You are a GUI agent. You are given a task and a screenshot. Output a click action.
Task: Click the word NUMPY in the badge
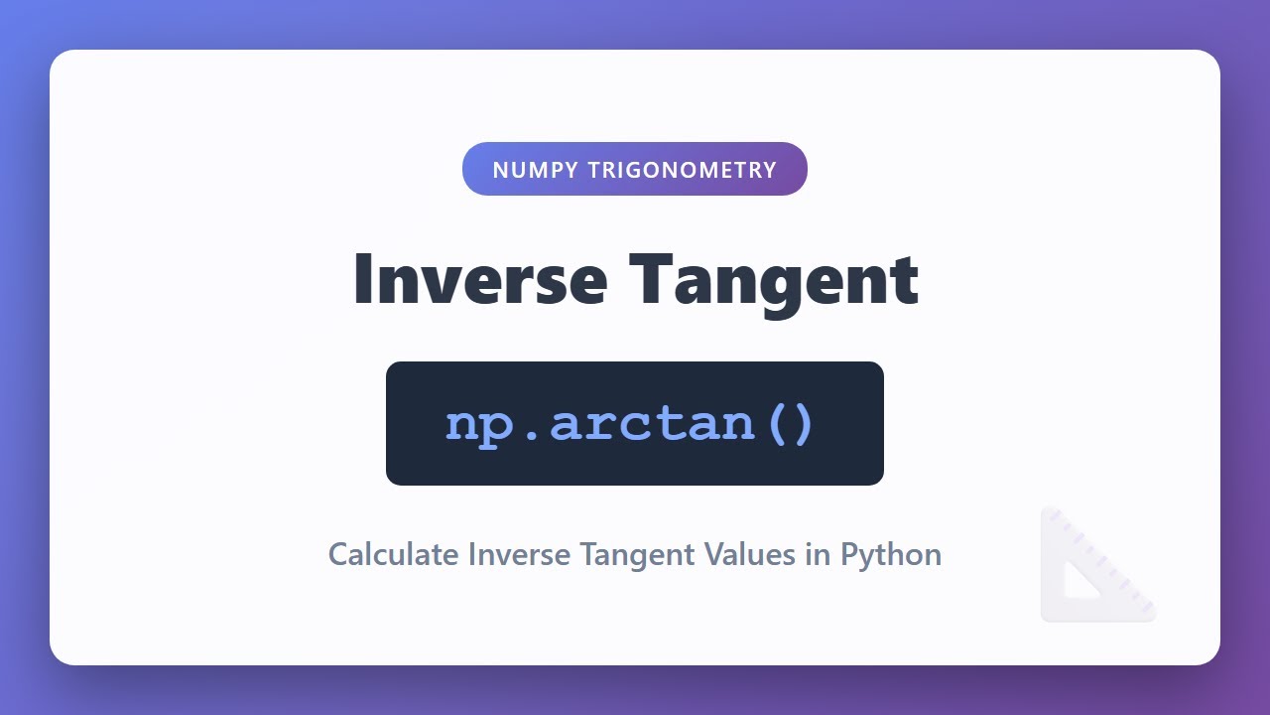534,170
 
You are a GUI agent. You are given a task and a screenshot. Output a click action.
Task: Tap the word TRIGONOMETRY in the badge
683,170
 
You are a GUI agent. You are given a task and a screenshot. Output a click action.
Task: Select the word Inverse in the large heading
479,279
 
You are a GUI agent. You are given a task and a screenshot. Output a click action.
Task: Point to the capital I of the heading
363,279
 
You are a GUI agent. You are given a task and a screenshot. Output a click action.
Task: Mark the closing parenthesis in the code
802,424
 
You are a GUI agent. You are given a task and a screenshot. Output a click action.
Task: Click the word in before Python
818,554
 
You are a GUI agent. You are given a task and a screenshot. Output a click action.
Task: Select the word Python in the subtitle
891,555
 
